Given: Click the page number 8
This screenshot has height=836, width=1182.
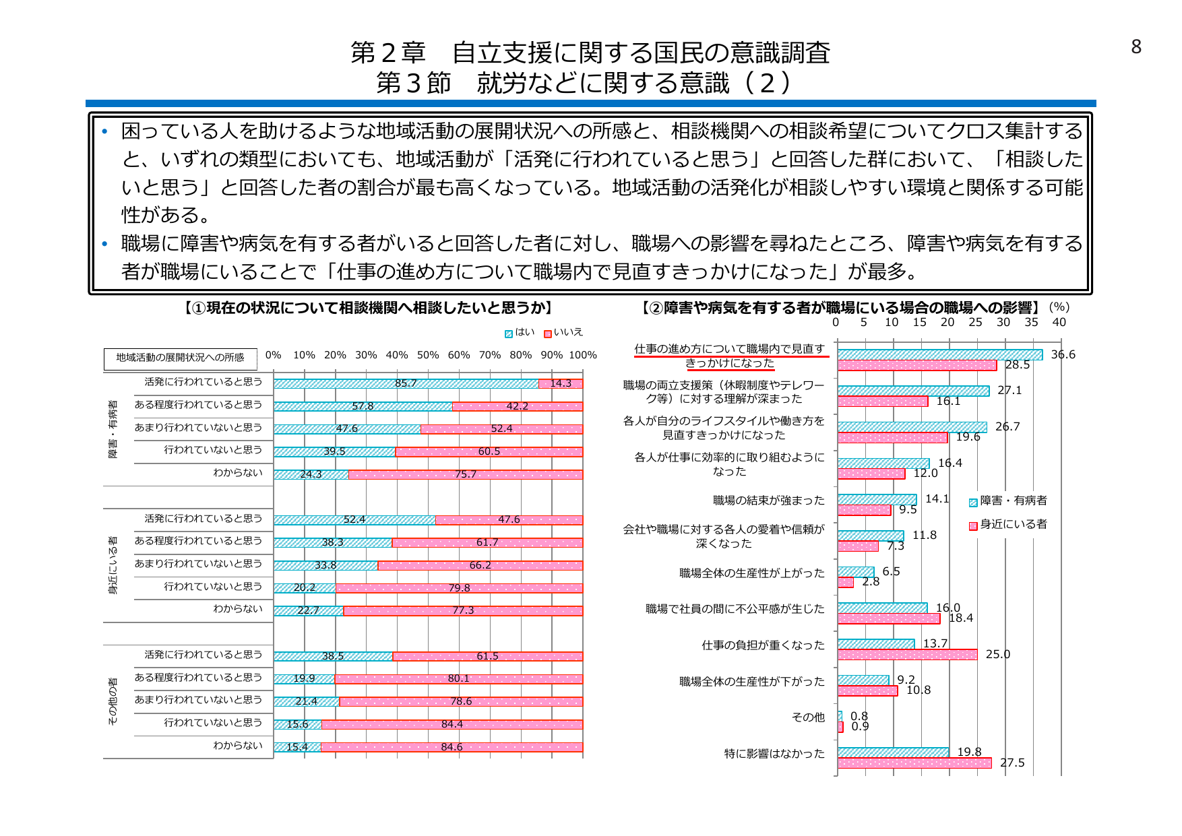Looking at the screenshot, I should click(x=1136, y=46).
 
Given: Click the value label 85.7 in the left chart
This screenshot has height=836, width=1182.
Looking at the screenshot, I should click(x=406, y=383).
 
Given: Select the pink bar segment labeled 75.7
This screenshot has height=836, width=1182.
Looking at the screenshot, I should click(x=465, y=474).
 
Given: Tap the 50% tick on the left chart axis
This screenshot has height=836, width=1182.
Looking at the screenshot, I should click(x=427, y=355).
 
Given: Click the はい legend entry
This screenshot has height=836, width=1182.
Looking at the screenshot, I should click(x=520, y=332).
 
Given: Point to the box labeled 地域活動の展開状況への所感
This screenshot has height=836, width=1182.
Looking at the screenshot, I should click(x=180, y=358).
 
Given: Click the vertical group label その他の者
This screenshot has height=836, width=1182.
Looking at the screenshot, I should click(x=113, y=701).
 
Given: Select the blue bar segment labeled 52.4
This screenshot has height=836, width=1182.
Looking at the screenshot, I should click(x=354, y=519).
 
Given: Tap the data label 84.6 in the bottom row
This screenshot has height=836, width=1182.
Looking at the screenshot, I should click(x=452, y=747).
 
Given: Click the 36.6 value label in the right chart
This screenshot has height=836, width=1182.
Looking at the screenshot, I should click(x=1063, y=354).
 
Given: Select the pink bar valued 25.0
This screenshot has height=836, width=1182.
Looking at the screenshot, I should click(x=907, y=654).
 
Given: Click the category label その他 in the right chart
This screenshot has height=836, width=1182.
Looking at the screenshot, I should click(x=808, y=717).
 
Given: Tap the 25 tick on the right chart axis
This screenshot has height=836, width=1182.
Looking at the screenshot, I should click(x=975, y=322).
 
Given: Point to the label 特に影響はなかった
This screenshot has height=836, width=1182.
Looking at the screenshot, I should click(x=774, y=753).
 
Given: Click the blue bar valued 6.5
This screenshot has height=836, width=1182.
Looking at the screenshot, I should click(x=855, y=571).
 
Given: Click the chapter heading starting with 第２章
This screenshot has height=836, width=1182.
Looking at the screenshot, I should click(x=590, y=53).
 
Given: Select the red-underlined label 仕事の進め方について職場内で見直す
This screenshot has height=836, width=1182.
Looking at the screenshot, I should click(x=730, y=349).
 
